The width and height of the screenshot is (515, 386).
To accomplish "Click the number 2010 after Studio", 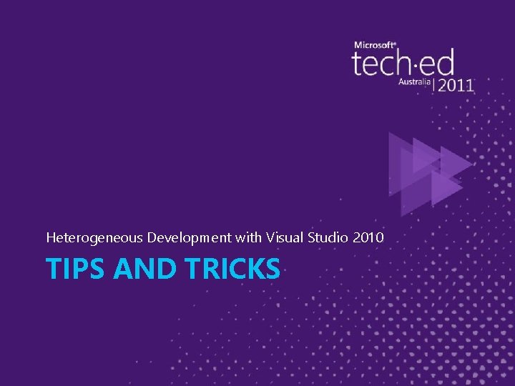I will pos(369,236).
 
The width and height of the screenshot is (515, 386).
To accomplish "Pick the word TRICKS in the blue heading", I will pos(232,269).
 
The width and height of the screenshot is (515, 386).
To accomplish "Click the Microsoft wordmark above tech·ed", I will pos(375,45).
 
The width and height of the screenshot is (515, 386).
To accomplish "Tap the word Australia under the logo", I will pos(414,82).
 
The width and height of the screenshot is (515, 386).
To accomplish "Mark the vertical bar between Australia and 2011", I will pos(433,84).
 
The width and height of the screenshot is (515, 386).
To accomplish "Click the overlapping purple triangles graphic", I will pos(428,168).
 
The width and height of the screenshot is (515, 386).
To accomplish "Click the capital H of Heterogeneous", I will pos(50,236).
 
